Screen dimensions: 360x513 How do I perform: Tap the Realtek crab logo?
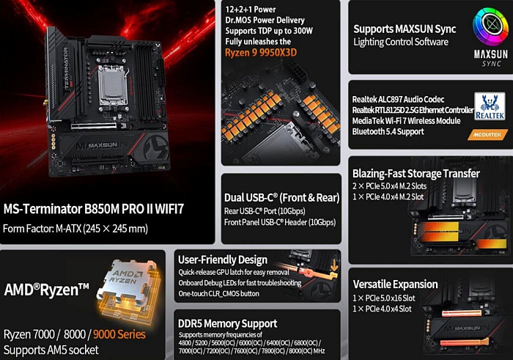pos(489,105)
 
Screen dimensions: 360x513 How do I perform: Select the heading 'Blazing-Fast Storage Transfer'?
pos(416,174)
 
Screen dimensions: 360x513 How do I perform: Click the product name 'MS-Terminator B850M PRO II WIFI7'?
pos(94,209)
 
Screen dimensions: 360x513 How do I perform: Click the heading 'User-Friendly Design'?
pos(222,259)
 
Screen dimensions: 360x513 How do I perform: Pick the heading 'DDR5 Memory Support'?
pos(227,323)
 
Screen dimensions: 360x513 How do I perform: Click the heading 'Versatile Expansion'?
pos(396,284)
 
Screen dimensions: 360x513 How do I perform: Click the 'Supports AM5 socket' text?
pos(51,349)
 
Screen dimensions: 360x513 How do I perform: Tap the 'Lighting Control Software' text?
pos(401,42)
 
